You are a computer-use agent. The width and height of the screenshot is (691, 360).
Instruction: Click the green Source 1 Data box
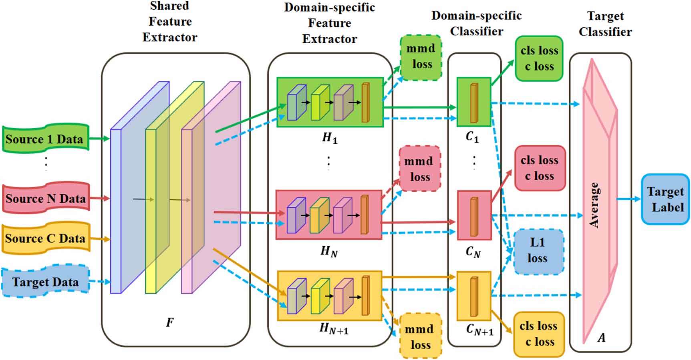pos(45,139)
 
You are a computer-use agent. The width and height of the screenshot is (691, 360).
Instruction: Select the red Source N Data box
pos(45,198)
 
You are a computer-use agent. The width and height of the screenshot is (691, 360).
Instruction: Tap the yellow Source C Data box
pos(45,238)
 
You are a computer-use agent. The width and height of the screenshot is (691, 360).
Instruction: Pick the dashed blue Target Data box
pos(45,282)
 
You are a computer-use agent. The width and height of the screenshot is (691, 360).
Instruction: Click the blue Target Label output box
pos(665,199)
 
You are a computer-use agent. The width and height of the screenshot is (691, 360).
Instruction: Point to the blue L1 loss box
pos(538,251)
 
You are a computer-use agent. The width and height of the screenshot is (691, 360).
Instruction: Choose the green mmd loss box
pos(421,57)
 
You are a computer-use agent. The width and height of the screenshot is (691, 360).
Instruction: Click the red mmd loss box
pos(419,169)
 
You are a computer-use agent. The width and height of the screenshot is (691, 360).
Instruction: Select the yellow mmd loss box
pos(420,336)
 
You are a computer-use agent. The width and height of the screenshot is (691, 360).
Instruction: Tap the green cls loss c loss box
pos(539,58)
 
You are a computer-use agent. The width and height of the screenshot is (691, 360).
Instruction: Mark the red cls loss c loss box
pos(540,168)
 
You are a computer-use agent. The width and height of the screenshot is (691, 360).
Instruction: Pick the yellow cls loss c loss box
pos(539,334)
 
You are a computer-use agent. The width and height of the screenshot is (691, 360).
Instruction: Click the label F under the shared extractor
pos(170,322)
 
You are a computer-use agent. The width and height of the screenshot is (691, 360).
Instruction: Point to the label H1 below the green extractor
pos(329,138)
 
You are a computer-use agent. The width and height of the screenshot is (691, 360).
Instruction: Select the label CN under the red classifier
pos(473,252)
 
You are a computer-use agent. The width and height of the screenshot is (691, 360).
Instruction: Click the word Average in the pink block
pos(594,205)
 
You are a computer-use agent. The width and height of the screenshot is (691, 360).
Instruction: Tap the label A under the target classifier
pos(601,338)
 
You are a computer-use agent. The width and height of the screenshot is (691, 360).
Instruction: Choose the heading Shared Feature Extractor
pos(170,22)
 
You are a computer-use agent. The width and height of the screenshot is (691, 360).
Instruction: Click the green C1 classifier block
pos(474,102)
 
